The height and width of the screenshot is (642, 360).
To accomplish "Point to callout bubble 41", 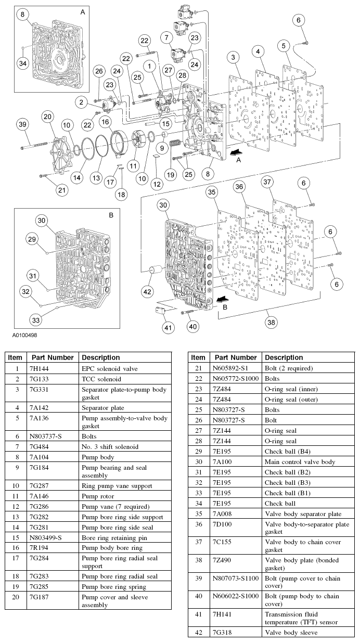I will point(168,328).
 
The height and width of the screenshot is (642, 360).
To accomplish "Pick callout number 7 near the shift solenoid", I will point(166,38).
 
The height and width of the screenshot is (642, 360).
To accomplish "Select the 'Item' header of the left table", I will point(16,357).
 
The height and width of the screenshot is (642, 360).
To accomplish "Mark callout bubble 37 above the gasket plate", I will point(267,182).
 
